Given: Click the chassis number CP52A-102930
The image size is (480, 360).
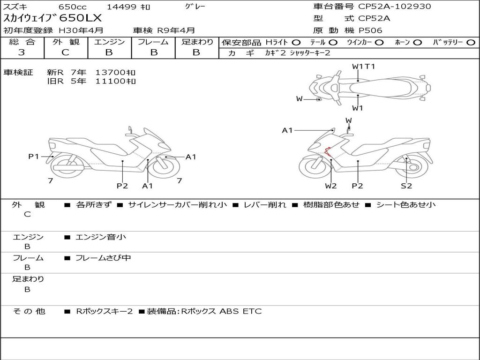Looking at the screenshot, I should pos(394,7).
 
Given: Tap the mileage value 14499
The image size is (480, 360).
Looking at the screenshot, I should pos(121,7).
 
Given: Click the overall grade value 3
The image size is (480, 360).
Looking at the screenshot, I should pos(22,52).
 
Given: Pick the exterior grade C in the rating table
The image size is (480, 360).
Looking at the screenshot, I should pos(65,52).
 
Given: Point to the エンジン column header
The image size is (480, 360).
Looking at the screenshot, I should pos(109,42).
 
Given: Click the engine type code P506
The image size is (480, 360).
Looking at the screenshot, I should pos(370,30).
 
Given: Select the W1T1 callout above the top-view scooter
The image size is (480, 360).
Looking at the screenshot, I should pos(363,67).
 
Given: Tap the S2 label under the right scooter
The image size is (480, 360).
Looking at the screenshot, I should pos(406,186).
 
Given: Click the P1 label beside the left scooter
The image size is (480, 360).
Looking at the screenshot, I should pos(34,157).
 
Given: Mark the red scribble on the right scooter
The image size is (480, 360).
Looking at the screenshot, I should pos(328,151).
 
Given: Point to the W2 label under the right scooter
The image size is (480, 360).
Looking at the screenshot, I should pos(331,186).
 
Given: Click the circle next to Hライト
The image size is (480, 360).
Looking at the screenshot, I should pos(296,42).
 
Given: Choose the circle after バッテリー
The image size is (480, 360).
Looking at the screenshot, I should pos(471,42).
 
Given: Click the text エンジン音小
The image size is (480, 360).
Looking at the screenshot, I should pos(100,237).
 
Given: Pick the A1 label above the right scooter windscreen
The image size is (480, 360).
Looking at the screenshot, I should pos(287,130).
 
